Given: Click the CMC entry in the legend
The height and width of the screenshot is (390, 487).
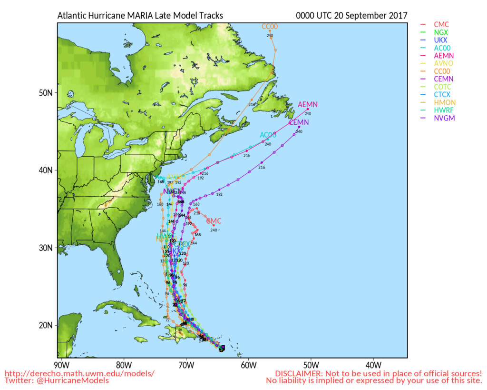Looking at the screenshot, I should (x=441, y=24).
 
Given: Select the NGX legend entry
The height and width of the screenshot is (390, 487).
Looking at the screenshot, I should (x=441, y=32).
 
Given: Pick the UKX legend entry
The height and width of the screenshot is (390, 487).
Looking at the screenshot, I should (x=441, y=40).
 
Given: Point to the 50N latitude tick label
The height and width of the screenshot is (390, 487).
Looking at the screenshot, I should (x=46, y=92).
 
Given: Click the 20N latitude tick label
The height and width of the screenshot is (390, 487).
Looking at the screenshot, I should (x=46, y=325).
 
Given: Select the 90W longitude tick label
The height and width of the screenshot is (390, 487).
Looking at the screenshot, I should (x=61, y=366).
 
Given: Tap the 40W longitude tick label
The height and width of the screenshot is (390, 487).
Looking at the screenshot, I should (x=373, y=366).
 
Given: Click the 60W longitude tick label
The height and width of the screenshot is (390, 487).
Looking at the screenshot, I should (x=248, y=366).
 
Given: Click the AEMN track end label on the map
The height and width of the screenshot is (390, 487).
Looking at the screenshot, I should (x=307, y=104).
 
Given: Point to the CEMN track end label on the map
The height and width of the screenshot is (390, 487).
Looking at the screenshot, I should (x=299, y=122).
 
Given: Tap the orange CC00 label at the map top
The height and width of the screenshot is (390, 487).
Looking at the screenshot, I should (x=270, y=27).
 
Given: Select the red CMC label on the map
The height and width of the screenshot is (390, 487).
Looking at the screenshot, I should (x=214, y=221).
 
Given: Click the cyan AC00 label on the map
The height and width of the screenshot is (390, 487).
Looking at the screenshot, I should (x=268, y=135).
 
